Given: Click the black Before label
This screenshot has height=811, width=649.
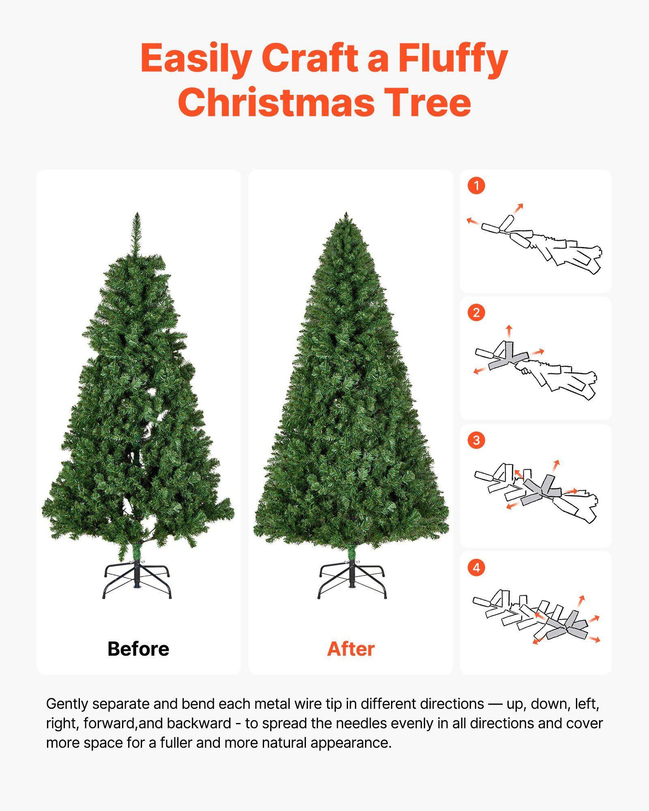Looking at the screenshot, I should (138, 649).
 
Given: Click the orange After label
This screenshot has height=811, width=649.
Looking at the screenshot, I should (350, 649).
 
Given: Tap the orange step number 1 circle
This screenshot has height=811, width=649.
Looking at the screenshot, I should (476, 186).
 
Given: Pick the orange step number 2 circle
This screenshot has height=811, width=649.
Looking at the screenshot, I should (476, 313).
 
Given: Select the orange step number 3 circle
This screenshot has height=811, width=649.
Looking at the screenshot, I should (476, 440).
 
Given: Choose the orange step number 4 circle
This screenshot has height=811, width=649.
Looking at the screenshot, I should (476, 567).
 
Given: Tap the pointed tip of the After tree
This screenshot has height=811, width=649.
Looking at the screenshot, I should (346, 215).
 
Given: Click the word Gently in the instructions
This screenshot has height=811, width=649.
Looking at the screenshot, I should (67, 704).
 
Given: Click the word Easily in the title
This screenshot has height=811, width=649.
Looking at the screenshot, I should (195, 59).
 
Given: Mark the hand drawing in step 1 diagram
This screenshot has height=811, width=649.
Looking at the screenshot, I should (568, 251).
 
